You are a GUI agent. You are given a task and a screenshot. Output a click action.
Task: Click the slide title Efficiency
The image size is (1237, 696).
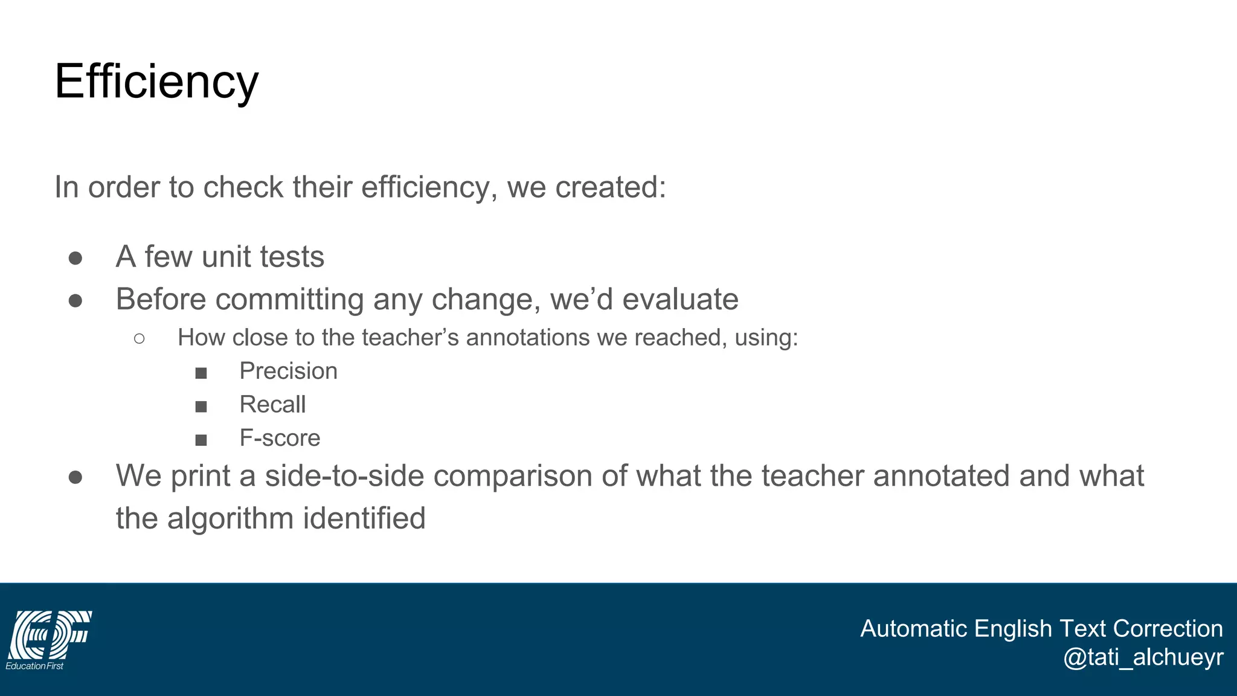tap(156, 82)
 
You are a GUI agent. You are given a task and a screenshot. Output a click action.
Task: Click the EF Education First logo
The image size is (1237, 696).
tap(48, 639)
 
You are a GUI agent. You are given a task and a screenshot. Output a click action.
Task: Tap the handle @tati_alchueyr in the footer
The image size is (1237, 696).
tap(1143, 657)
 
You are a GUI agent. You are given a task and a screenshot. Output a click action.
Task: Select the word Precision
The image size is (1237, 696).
tap(288, 371)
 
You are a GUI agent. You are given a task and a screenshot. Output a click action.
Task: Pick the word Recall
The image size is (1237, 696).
tap(272, 404)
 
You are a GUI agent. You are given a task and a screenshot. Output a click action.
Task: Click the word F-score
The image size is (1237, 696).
tap(280, 438)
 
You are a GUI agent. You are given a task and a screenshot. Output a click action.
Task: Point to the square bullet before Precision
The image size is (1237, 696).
tap(201, 373)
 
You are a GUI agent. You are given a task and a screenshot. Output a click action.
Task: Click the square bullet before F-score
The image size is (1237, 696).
tap(201, 440)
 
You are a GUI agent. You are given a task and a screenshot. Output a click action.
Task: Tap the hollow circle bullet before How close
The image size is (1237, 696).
tap(139, 338)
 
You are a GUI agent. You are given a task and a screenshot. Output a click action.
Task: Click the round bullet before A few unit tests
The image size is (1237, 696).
tap(76, 258)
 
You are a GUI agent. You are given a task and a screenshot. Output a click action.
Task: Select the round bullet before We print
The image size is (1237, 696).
tap(76, 477)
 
